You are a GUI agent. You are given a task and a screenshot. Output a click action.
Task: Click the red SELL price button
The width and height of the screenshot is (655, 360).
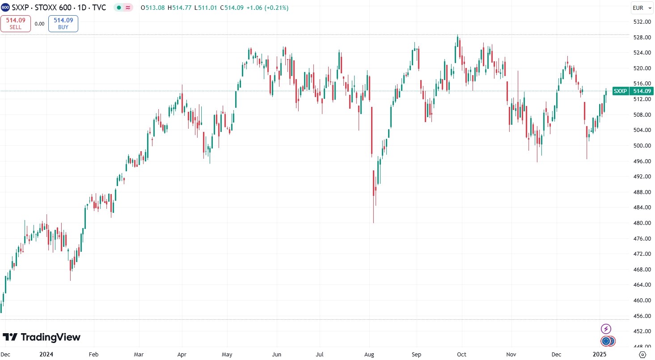[16, 23]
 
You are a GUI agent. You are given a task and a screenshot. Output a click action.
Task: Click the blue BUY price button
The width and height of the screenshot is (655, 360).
[63, 23]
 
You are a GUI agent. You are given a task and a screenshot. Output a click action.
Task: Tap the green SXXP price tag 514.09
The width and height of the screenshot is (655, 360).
[632, 91]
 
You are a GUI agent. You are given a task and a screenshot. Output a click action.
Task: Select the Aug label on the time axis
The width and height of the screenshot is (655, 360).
[369, 354]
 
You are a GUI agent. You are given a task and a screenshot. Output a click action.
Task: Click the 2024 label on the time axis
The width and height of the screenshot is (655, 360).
[46, 354]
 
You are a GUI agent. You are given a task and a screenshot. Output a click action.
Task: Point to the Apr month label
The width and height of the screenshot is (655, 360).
[182, 354]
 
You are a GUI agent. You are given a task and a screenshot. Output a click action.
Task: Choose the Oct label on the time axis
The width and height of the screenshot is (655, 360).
[461, 354]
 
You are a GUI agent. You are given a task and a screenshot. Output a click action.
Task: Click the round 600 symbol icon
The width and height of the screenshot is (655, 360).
[5, 8]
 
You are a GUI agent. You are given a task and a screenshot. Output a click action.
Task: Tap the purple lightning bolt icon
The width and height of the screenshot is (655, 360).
[606, 329]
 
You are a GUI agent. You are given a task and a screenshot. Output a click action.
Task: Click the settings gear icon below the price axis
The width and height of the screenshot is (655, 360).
[643, 354]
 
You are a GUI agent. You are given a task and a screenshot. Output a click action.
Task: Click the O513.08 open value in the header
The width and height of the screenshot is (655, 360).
[153, 8]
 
